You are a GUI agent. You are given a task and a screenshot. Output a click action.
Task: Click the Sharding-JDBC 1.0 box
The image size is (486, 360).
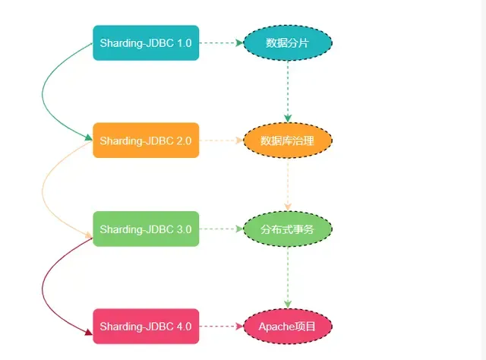pyautogui.click(x=146, y=43)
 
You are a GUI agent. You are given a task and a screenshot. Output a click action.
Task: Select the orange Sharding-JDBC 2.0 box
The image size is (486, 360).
pyautogui.click(x=146, y=141)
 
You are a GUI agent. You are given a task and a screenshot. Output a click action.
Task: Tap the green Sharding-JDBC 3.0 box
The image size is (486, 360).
pyautogui.click(x=146, y=229)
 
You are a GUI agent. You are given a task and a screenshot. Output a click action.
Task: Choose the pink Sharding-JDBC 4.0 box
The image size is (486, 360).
pyautogui.click(x=146, y=327)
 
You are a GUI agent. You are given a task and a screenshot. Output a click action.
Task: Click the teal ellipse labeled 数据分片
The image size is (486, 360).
pyautogui.click(x=288, y=43)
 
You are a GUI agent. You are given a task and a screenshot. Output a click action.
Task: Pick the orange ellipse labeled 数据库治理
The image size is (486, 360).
pyautogui.click(x=288, y=141)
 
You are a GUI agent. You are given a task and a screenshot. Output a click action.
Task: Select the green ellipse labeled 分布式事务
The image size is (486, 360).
pyautogui.click(x=288, y=229)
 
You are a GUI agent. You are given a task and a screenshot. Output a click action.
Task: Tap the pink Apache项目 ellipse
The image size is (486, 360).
pyautogui.click(x=288, y=327)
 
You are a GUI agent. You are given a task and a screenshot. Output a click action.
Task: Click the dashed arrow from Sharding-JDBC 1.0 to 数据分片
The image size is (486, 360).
pyautogui.click(x=221, y=43)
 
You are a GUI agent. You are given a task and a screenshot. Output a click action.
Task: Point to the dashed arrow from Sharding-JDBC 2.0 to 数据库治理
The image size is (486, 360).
pyautogui.click(x=221, y=141)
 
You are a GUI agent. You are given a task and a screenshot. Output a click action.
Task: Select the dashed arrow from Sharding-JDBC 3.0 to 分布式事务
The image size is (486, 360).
pyautogui.click(x=221, y=229)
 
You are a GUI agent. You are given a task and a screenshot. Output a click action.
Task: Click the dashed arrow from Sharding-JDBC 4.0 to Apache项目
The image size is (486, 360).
pyautogui.click(x=221, y=327)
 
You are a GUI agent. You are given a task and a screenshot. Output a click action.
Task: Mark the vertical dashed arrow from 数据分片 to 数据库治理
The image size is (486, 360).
pyautogui.click(x=288, y=91)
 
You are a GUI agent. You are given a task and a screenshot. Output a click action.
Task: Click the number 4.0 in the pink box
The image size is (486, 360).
pyautogui.click(x=183, y=327)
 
